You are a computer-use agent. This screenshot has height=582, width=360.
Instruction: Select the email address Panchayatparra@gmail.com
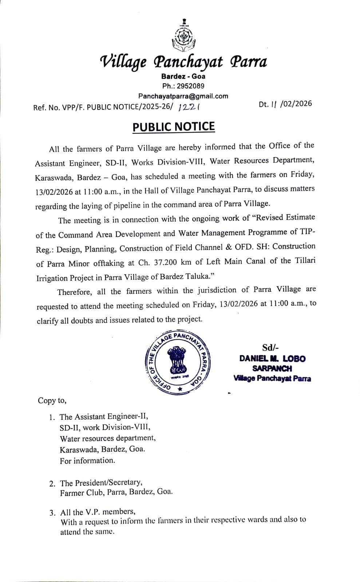(x=183, y=96)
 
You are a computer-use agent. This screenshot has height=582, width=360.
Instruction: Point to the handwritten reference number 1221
(x=189, y=106)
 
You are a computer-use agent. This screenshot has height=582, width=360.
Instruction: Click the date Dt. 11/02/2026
(x=285, y=104)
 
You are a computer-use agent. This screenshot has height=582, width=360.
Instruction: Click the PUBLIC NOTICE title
(x=174, y=127)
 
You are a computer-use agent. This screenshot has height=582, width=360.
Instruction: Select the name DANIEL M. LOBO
(x=272, y=358)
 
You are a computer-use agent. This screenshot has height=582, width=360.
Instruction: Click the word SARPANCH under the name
(x=272, y=368)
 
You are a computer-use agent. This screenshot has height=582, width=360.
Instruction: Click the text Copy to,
(x=52, y=400)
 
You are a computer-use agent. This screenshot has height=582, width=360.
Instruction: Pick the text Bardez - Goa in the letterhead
(x=183, y=76)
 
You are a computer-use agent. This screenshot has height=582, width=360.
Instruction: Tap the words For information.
(x=87, y=461)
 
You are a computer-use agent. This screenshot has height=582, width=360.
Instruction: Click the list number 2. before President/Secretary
(x=52, y=483)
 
